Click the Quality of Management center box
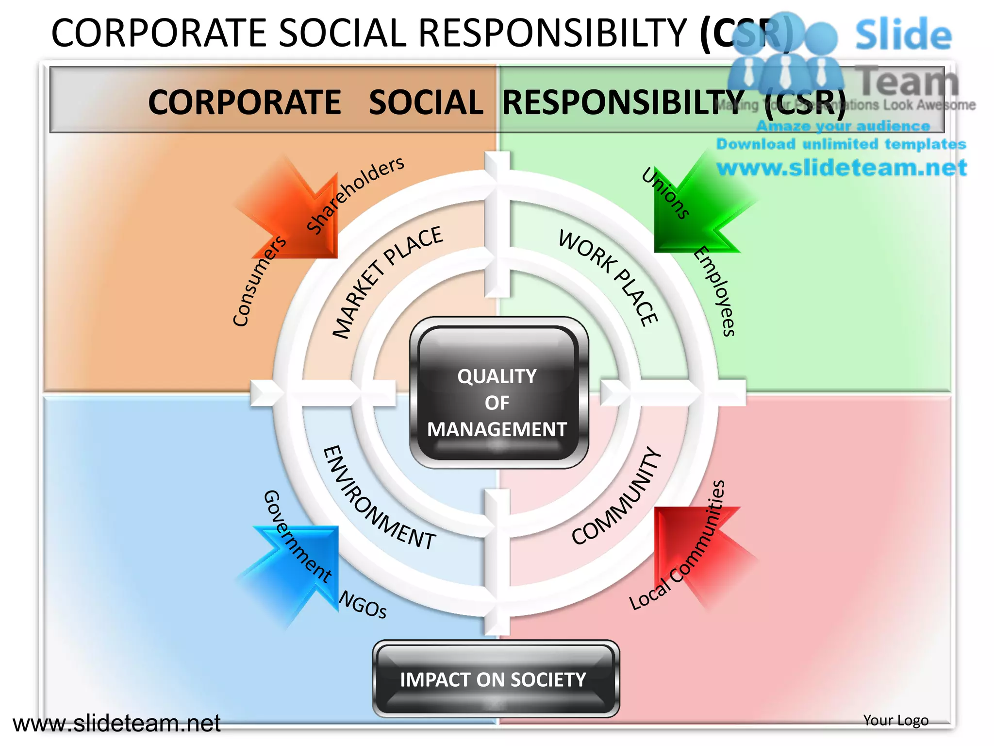coord(498,393)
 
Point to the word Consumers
coord(259,282)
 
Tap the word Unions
coord(665,193)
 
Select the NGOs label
coord(363,605)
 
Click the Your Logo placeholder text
coord(895,720)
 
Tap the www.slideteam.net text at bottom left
coord(116,723)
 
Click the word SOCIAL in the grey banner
coord(426,102)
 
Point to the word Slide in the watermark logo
coord(903,34)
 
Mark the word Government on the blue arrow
coord(297,537)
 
